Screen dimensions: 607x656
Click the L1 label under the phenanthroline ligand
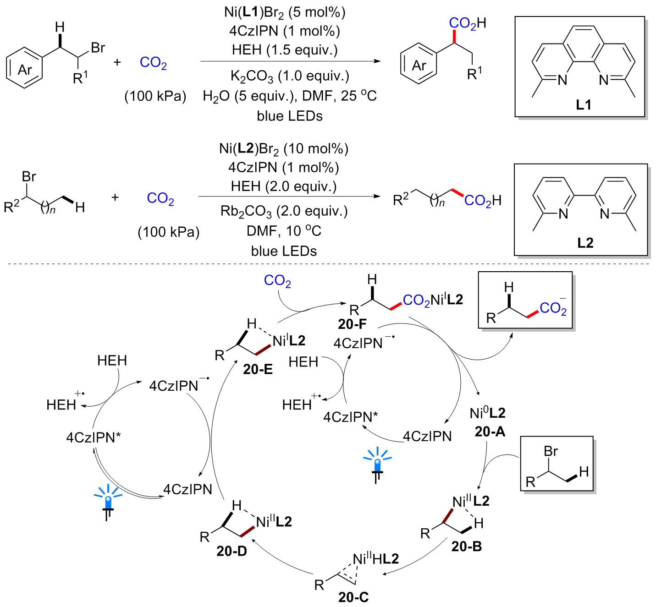pyautogui.click(x=583, y=105)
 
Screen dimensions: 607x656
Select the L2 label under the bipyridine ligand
pyautogui.click(x=585, y=242)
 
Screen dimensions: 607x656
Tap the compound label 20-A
pyautogui.click(x=490, y=431)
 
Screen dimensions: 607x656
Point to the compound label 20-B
pyautogui.click(x=466, y=546)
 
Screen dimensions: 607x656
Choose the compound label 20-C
pyautogui.click(x=353, y=597)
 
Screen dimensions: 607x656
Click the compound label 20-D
pyautogui.click(x=232, y=551)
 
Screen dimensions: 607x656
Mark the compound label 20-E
pyautogui.click(x=258, y=369)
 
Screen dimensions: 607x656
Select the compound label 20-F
pyautogui.click(x=352, y=324)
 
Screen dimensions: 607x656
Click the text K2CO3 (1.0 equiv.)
pyautogui.click(x=289, y=76)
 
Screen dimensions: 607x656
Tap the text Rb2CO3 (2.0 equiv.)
pyautogui.click(x=284, y=211)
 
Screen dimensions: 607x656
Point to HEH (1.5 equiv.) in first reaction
pyautogui.click(x=285, y=49)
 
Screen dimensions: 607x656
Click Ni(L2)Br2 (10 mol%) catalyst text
pyautogui.click(x=284, y=148)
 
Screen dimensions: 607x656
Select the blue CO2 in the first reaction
pyautogui.click(x=153, y=62)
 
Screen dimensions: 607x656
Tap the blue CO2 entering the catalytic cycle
pyautogui.click(x=277, y=280)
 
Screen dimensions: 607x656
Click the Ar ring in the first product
pyautogui.click(x=419, y=65)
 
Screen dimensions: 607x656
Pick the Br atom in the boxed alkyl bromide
pyautogui.click(x=551, y=451)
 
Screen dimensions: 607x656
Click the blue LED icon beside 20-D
pyautogui.click(x=108, y=501)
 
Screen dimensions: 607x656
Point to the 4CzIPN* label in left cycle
pyautogui.click(x=94, y=437)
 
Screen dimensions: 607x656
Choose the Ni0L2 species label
pyautogui.click(x=487, y=413)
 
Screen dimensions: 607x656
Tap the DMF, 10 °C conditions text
pyautogui.click(x=284, y=231)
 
